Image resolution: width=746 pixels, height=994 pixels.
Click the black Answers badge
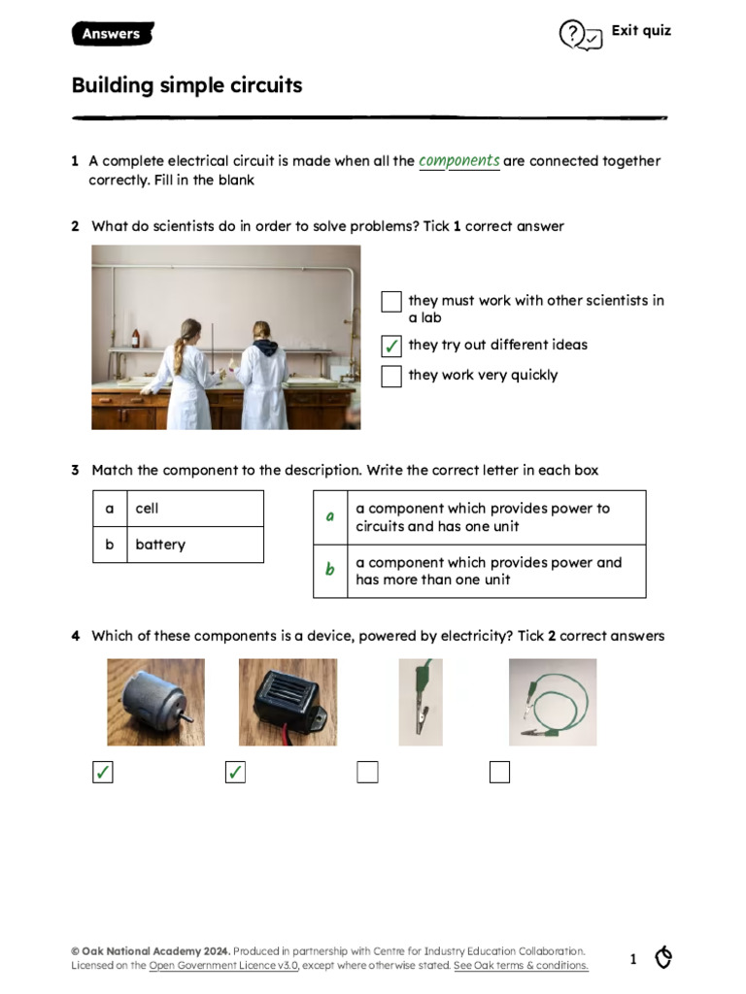pyautogui.click(x=112, y=34)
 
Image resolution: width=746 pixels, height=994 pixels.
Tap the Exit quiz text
pyautogui.click(x=641, y=31)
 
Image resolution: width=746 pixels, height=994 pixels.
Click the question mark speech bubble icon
pyautogui.click(x=579, y=36)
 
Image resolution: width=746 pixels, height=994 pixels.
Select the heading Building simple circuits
pyautogui.click(x=186, y=85)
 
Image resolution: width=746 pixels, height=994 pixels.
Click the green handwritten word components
pyautogui.click(x=458, y=160)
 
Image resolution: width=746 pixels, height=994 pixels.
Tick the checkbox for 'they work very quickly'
pyautogui.click(x=391, y=377)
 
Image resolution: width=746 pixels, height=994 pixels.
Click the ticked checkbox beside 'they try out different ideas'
pyautogui.click(x=391, y=347)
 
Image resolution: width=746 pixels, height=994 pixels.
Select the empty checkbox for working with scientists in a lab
pyautogui.click(x=391, y=302)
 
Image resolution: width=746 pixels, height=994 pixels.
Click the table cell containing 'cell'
pyautogui.click(x=194, y=509)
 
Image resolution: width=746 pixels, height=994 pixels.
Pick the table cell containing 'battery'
pyautogui.click(x=194, y=545)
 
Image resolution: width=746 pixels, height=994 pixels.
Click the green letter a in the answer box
pyautogui.click(x=330, y=517)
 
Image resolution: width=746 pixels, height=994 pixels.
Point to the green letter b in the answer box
pyautogui.click(x=330, y=571)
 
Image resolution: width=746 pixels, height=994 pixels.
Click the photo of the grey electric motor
pyautogui.click(x=155, y=702)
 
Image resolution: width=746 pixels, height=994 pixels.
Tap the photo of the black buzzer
pyautogui.click(x=288, y=702)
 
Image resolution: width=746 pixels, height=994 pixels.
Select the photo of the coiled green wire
pyautogui.click(x=553, y=702)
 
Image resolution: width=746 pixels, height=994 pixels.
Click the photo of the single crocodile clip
pyautogui.click(x=421, y=702)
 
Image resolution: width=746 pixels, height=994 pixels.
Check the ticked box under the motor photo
pyautogui.click(x=101, y=773)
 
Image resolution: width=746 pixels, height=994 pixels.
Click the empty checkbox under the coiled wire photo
pyautogui.click(x=499, y=773)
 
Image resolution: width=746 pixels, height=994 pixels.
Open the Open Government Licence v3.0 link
pyautogui.click(x=223, y=966)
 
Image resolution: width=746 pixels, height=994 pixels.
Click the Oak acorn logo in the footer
pyautogui.click(x=663, y=958)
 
